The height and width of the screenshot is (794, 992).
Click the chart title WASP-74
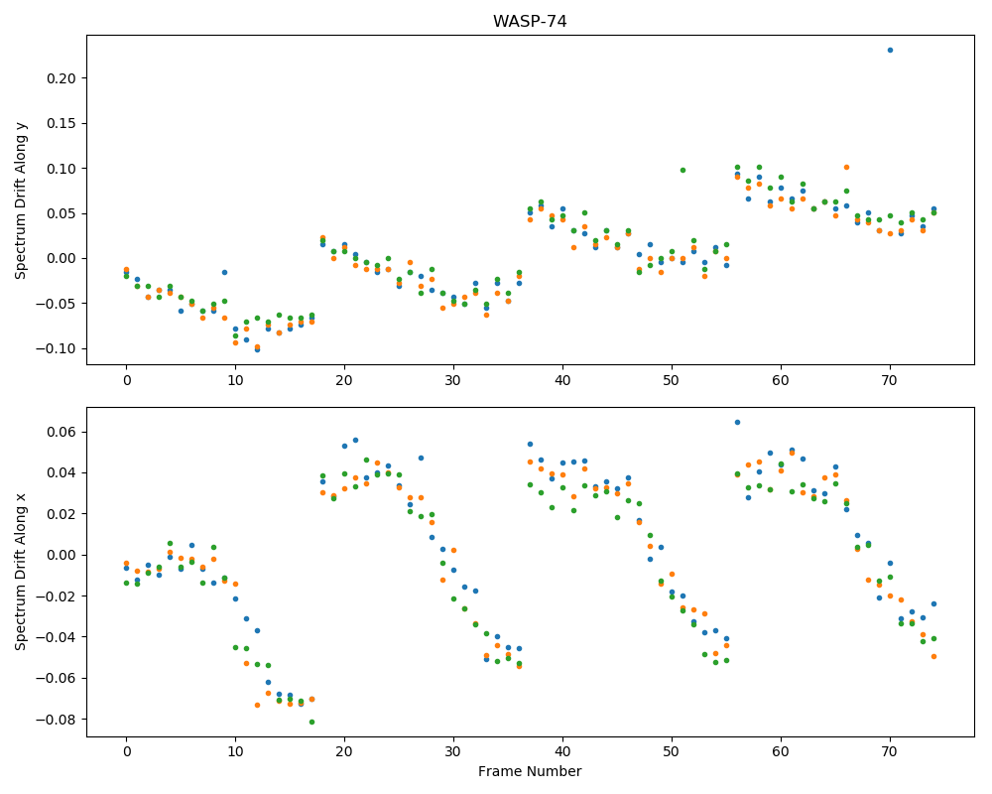coord(530,22)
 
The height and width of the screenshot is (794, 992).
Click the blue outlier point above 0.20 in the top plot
coord(890,50)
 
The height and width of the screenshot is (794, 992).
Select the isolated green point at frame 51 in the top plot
coord(682,171)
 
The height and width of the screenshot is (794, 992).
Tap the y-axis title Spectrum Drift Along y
coord(21,199)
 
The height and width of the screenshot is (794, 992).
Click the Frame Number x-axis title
coord(530,771)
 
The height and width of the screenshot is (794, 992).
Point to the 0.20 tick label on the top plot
coord(62,78)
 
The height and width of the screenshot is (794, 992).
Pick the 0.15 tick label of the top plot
coord(62,123)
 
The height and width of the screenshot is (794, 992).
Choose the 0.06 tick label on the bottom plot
coord(62,433)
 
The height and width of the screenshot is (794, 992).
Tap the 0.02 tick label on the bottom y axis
coord(62,514)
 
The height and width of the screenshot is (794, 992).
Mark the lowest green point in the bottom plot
coord(311,722)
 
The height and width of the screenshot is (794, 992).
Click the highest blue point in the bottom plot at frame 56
coord(737,423)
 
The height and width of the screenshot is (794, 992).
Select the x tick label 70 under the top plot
coord(890,380)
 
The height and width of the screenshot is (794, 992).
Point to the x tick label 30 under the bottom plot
coord(453,752)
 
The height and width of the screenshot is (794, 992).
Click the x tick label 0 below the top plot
coord(127,380)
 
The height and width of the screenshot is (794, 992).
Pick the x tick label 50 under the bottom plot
coord(672,752)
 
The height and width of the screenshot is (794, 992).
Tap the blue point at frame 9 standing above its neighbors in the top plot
coord(224,272)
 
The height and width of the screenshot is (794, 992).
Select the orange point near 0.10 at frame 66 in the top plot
coord(846,168)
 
